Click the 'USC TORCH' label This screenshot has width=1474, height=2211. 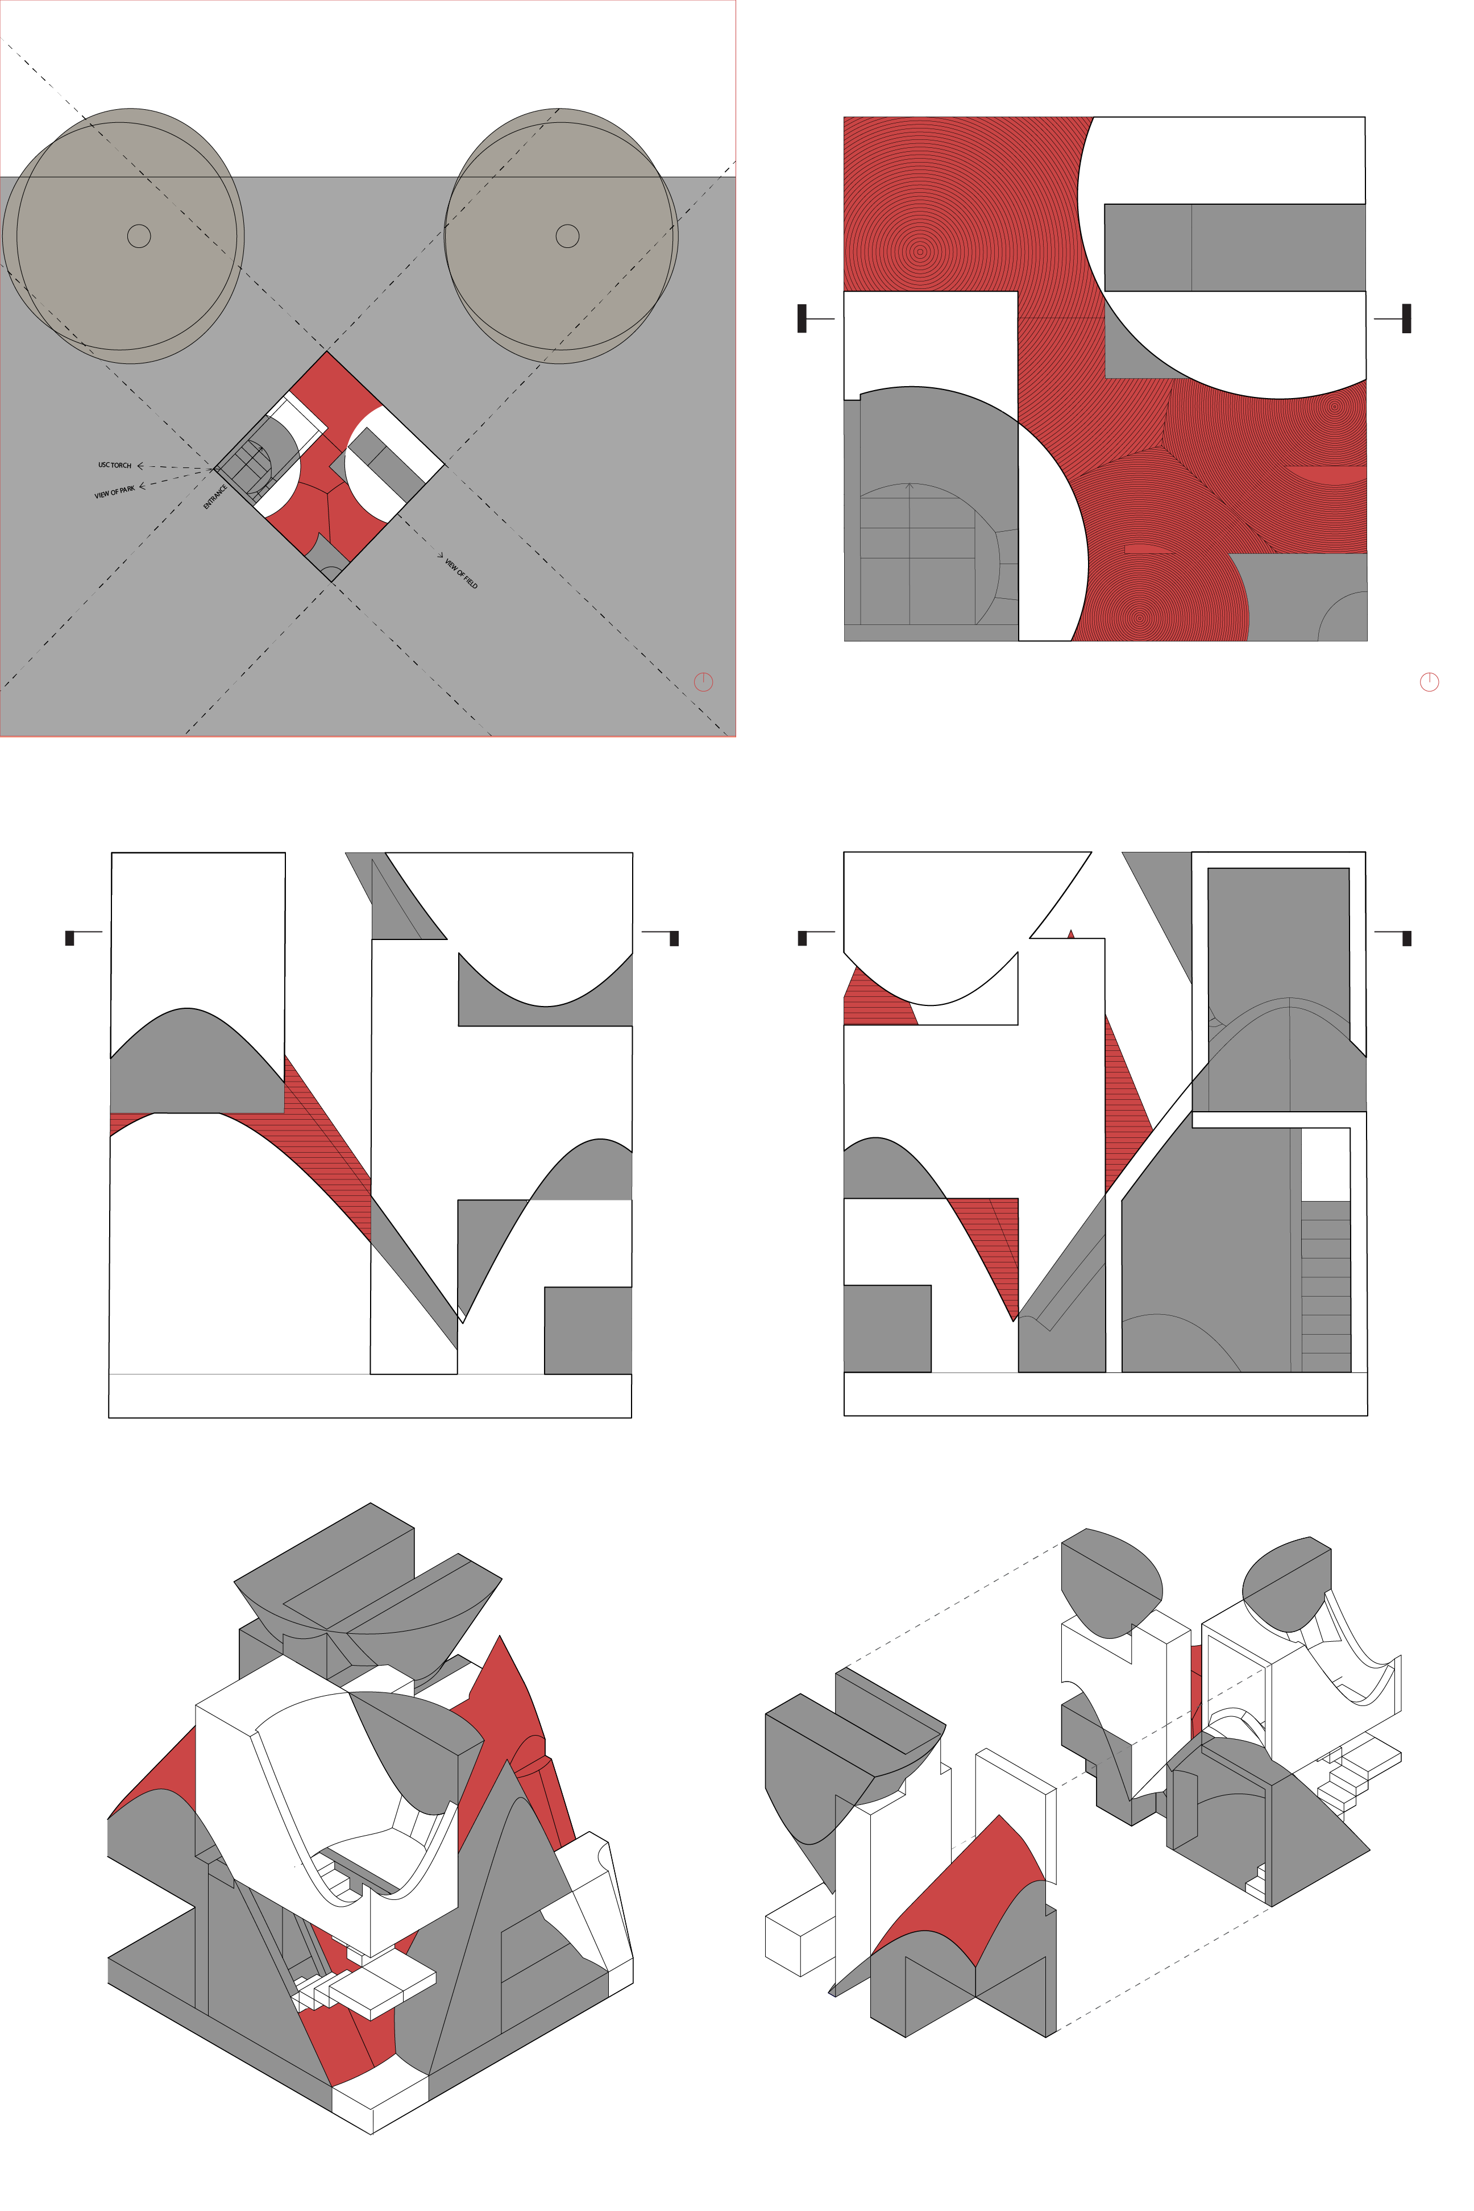tap(115, 465)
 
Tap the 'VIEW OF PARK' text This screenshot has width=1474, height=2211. tap(115, 492)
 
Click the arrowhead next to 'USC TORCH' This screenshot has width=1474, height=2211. tap(140, 466)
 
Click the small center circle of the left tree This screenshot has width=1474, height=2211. tap(139, 236)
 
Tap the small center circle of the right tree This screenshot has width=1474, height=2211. tap(568, 236)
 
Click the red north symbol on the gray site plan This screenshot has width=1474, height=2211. tap(703, 682)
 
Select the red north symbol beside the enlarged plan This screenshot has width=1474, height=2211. tap(1429, 682)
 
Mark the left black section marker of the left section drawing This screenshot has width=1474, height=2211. tap(69, 938)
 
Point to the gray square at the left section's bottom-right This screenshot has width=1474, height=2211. tap(588, 1330)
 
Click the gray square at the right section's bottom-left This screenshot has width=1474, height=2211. tap(887, 1328)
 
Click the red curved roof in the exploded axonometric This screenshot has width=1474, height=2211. tap(959, 1886)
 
